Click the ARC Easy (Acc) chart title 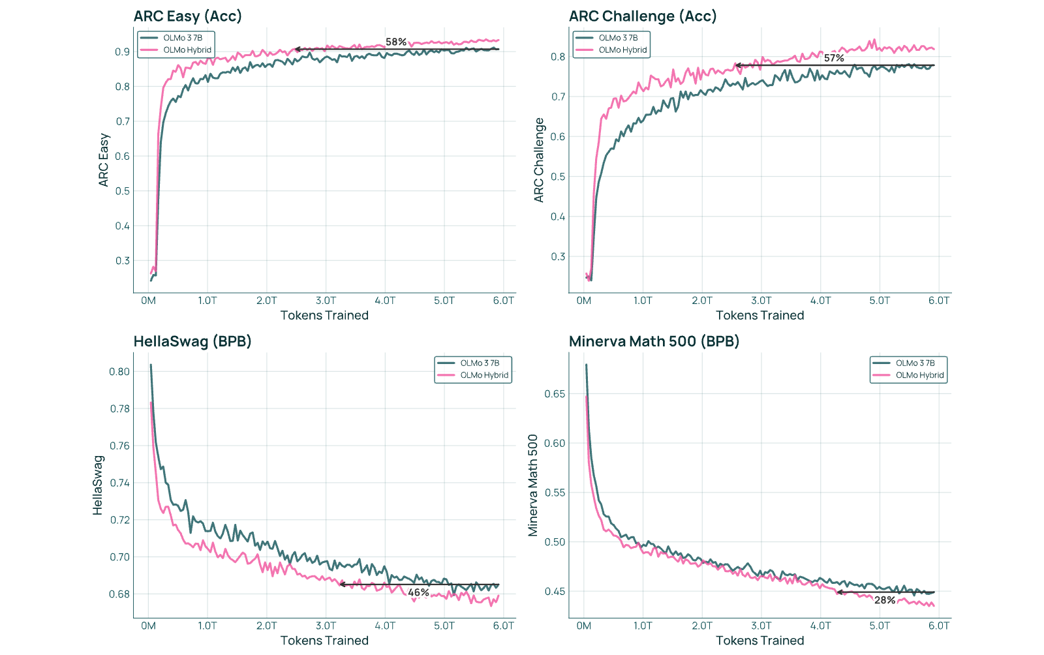tap(188, 16)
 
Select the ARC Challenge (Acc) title tap(643, 16)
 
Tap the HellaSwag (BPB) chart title tap(192, 341)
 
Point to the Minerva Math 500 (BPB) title tap(654, 341)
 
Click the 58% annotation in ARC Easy tap(396, 42)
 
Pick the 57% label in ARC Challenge tap(834, 58)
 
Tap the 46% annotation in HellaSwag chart tap(418, 592)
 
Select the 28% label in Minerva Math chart tap(885, 600)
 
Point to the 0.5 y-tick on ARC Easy tap(123, 191)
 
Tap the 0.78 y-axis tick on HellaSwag tap(120, 408)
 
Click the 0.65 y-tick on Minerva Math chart tap(555, 393)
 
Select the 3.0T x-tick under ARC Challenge tap(761, 301)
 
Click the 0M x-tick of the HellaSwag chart tap(148, 626)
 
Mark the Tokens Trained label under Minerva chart tap(760, 641)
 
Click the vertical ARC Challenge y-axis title tap(539, 160)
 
